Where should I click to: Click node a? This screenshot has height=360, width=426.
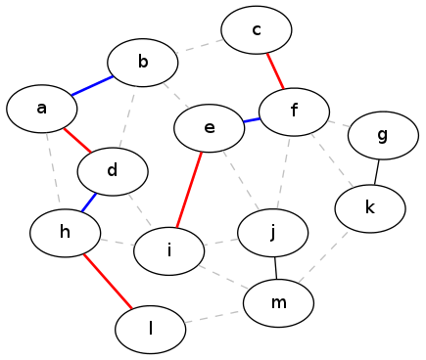pos(42,109)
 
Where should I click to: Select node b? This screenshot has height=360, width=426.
pos(143,64)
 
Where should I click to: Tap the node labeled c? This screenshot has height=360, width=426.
pos(257,30)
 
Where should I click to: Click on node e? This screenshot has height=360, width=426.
pos(210,127)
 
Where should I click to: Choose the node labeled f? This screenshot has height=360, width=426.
pos(294,111)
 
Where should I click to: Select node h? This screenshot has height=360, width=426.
pos(66,233)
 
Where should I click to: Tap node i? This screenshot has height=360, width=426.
pos(169,250)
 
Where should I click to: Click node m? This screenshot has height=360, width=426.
pos(279,303)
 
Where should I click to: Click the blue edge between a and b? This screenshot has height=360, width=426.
pos(92,86)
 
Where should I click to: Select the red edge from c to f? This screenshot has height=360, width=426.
pos(275,70)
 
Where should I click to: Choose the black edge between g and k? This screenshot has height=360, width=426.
pos(376,172)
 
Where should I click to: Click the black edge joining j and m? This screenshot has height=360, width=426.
pos(276,268)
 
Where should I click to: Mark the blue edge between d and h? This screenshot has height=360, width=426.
pos(89,202)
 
